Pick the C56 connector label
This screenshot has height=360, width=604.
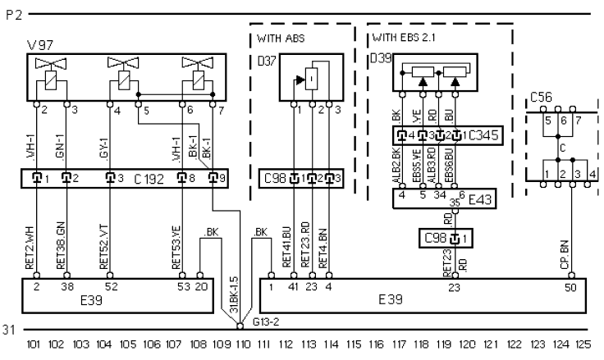click(x=541, y=97)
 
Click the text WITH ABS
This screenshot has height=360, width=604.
click(x=280, y=38)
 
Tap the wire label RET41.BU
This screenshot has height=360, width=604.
click(x=287, y=246)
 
